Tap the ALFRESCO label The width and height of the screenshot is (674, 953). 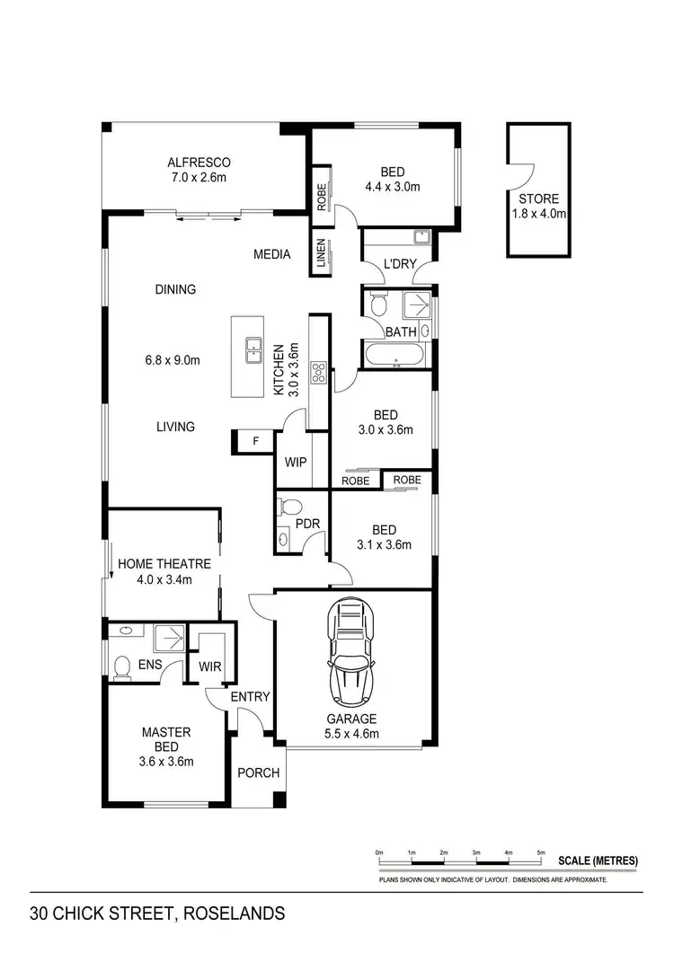(199, 163)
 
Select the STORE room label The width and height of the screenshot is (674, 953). (538, 199)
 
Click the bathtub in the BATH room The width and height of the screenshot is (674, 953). (396, 356)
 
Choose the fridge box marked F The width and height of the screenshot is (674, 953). (255, 441)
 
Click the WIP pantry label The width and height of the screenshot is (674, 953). (296, 463)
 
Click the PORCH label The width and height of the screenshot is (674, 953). (258, 772)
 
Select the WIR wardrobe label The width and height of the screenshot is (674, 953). (211, 667)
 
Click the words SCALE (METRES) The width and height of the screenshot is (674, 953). (598, 860)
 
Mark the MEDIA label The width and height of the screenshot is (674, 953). (271, 254)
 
